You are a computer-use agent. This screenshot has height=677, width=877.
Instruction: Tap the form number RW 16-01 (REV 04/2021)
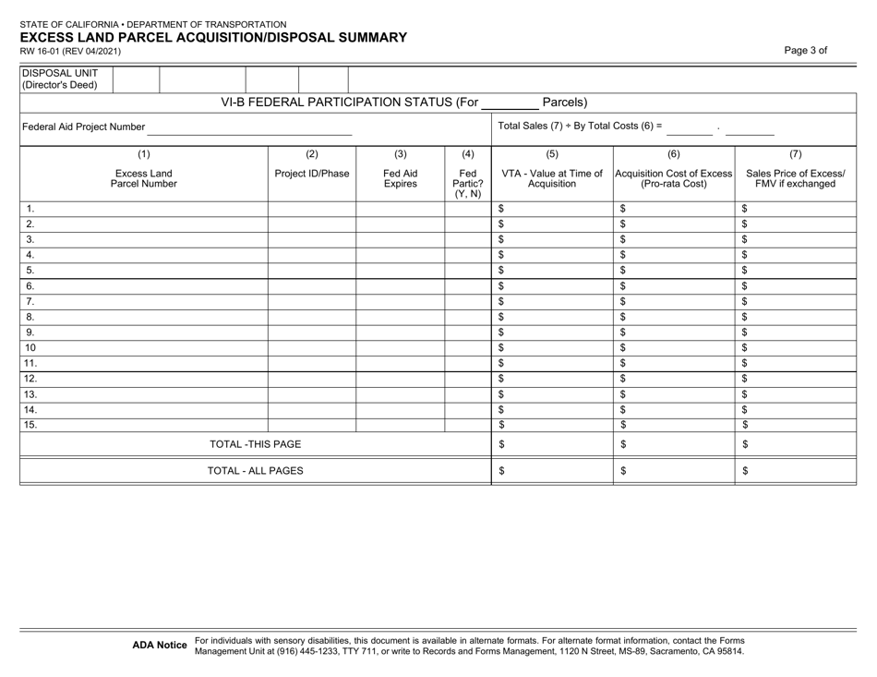coord(69,52)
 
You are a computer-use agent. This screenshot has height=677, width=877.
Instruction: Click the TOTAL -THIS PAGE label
coord(256,444)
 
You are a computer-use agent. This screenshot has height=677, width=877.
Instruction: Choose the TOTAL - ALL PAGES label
coord(256,471)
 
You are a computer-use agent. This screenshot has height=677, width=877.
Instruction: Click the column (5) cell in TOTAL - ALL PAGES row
coord(551,471)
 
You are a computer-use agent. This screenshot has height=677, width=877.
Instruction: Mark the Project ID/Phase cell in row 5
coord(311,270)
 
